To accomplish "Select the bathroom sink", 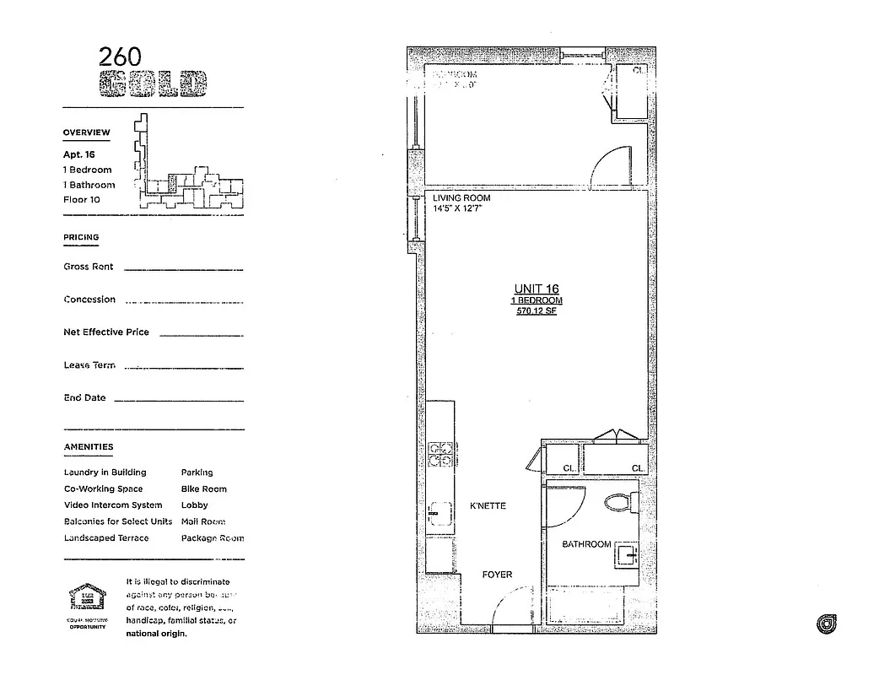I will click(x=625, y=554).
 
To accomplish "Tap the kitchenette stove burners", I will click(x=440, y=454).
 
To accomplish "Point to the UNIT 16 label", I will click(x=537, y=289).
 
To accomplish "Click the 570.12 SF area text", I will click(x=537, y=311).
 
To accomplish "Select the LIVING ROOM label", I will click(x=461, y=198).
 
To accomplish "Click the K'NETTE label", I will click(x=488, y=506).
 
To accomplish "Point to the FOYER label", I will click(x=497, y=575).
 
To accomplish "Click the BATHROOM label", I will click(x=586, y=544).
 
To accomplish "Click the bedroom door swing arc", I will click(x=610, y=165).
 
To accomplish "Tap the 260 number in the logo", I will click(x=121, y=57).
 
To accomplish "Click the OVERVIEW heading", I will click(x=86, y=132).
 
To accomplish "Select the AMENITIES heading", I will click(x=88, y=447).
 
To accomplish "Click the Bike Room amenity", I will click(x=203, y=489).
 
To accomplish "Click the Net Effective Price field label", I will click(x=106, y=332).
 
